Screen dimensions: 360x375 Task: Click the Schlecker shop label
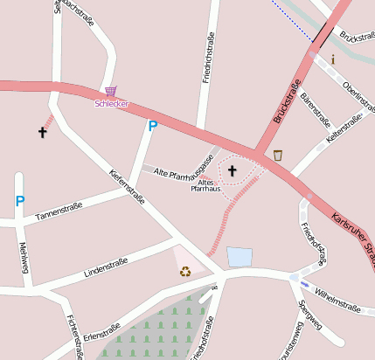click(112, 104)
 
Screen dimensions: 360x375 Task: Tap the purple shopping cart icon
click(110, 91)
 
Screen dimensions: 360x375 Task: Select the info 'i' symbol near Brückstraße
click(333, 60)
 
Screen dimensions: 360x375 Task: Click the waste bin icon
click(278, 156)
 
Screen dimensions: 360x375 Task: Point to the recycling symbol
click(185, 271)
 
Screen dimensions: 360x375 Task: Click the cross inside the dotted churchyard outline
click(233, 170)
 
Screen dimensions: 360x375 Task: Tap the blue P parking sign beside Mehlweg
click(20, 202)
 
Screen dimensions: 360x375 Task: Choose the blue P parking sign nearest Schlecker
click(152, 127)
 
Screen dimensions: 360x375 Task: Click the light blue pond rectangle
click(240, 257)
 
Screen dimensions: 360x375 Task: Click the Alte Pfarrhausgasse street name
click(184, 169)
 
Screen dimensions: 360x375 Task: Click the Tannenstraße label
click(59, 211)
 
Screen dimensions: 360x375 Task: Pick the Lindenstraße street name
click(105, 266)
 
